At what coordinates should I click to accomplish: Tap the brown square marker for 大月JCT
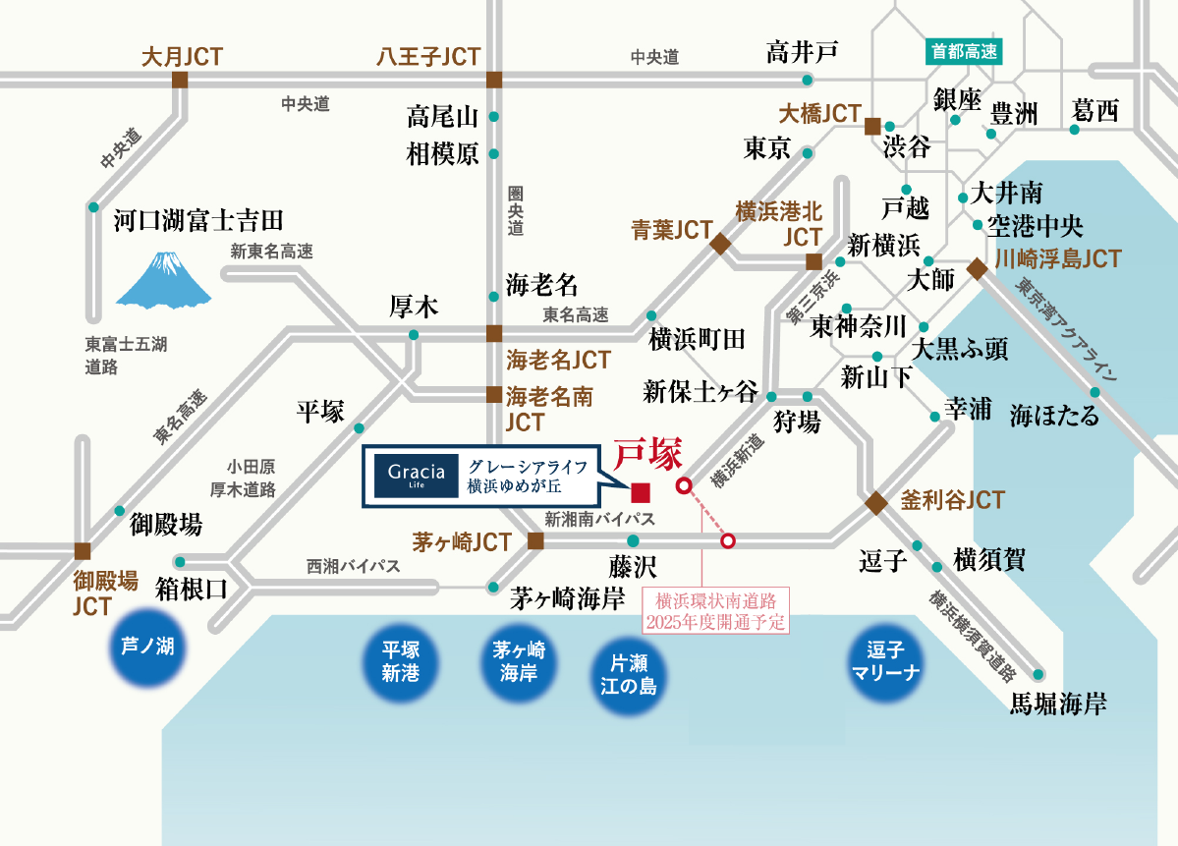(180, 81)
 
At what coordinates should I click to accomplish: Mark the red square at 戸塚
(640, 492)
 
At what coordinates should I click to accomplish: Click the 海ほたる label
(1054, 416)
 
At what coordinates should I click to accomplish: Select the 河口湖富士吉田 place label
(197, 219)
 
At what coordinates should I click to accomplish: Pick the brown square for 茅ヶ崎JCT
(535, 540)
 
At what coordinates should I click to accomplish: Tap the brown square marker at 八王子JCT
(493, 81)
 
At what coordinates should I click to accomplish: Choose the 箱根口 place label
(192, 589)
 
